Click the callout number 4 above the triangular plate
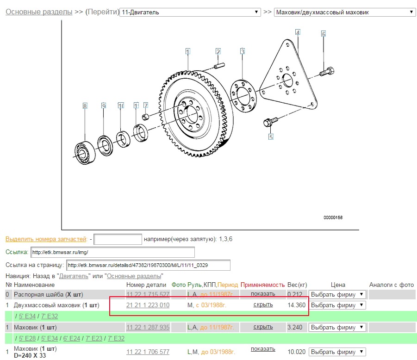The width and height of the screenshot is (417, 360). point(298,32)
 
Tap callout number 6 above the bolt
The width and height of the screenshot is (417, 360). point(324,34)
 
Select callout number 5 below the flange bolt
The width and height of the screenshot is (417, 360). point(271,137)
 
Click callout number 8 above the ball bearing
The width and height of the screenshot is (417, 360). point(85,106)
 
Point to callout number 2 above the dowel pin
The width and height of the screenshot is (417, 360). point(218,51)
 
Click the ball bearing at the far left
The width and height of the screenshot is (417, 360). point(85,153)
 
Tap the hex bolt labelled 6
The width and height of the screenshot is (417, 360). point(327,72)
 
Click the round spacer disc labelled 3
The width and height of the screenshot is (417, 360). point(243,96)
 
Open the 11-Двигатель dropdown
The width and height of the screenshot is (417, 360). point(190,12)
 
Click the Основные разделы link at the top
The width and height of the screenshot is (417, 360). point(39,12)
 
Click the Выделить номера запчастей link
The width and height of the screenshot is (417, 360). point(46,239)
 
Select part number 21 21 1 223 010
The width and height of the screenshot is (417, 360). point(148,305)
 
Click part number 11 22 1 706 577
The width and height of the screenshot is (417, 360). point(148,352)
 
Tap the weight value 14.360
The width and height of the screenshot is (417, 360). point(297,305)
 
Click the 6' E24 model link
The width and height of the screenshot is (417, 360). point(72,338)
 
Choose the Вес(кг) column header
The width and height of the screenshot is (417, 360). point(297,285)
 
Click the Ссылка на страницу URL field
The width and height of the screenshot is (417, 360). point(148,265)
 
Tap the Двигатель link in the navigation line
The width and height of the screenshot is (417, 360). point(74,276)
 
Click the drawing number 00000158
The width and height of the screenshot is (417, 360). point(333,217)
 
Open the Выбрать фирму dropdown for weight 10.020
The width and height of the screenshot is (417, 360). point(337,352)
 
